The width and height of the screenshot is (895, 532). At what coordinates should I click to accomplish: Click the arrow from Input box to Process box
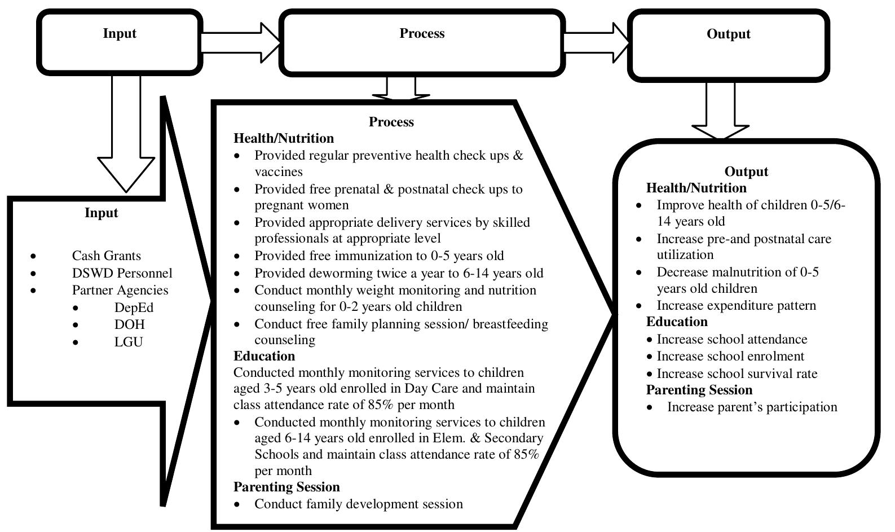(x=240, y=41)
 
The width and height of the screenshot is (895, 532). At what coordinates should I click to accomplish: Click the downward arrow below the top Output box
(x=720, y=113)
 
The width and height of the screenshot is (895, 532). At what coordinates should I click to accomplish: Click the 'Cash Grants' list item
(x=106, y=256)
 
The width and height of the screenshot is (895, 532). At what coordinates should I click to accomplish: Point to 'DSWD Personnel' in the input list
(x=122, y=273)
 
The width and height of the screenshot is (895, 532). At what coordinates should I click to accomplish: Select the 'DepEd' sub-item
(x=134, y=307)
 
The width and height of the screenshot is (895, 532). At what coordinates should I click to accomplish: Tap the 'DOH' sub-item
(x=129, y=324)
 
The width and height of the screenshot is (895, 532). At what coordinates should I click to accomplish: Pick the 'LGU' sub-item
(x=129, y=342)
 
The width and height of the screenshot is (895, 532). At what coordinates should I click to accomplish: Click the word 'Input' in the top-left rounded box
(x=120, y=33)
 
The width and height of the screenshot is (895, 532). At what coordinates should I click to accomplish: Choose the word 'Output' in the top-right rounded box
(x=728, y=34)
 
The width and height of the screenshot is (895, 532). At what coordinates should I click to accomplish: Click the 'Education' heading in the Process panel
(x=264, y=356)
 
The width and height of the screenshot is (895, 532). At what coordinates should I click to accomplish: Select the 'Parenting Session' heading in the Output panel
(x=699, y=390)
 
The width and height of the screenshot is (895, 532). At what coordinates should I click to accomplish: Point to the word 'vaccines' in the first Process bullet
(x=279, y=172)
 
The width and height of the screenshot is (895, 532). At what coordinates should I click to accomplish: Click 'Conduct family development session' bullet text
(x=358, y=504)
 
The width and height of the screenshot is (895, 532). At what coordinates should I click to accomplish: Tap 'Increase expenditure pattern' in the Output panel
(x=736, y=305)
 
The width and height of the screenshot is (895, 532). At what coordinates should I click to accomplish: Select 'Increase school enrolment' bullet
(x=730, y=356)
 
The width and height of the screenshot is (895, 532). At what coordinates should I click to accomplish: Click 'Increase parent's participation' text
(x=752, y=407)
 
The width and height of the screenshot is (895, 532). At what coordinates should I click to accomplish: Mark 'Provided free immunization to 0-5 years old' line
(x=379, y=256)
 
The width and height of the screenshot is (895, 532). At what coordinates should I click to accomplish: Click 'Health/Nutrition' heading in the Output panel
(x=696, y=188)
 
